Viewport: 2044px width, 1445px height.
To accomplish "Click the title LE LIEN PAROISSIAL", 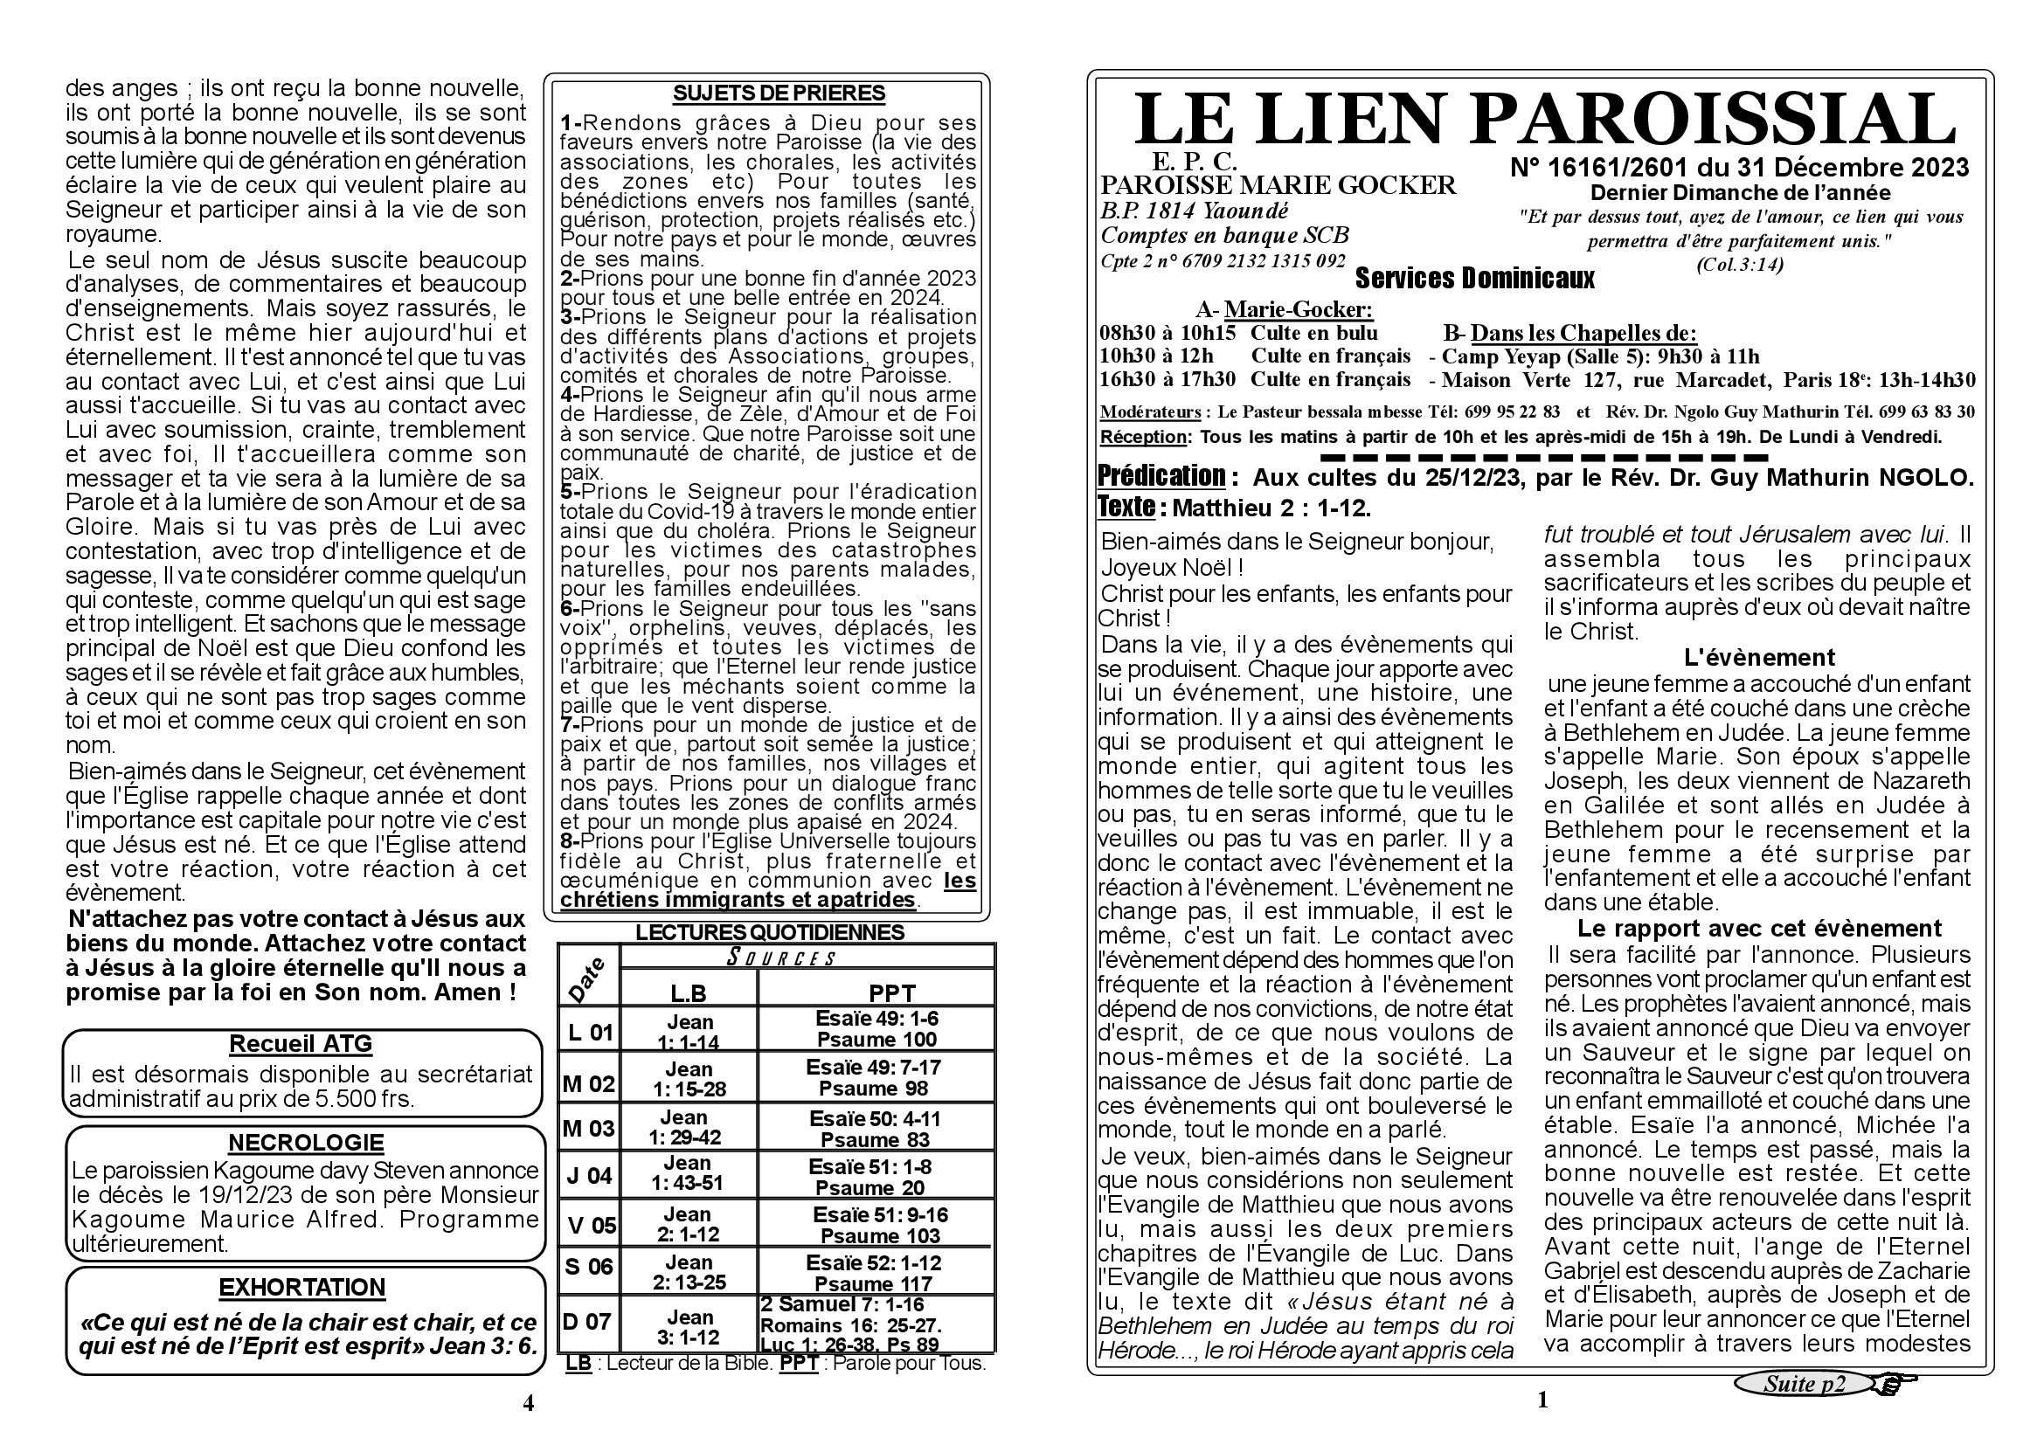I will (x=1543, y=119).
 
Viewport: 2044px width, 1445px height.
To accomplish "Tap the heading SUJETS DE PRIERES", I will (x=778, y=93).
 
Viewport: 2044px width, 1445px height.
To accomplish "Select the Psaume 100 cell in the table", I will (x=876, y=1040).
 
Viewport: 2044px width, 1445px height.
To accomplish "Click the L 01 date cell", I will (x=589, y=1032).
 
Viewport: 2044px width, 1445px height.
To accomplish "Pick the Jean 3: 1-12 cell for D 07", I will (x=687, y=1327).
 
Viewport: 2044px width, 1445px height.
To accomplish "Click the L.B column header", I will (x=687, y=993).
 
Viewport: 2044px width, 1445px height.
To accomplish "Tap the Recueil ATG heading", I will (x=300, y=1044).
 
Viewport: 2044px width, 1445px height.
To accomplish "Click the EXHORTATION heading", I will (x=301, y=1288).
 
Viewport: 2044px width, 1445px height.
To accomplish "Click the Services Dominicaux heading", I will (x=1474, y=280).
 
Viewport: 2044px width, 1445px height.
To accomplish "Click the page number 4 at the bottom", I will (x=528, y=1403).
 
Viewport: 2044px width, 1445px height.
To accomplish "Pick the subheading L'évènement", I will (x=1759, y=658).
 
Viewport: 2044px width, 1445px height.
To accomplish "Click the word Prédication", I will (x=1161, y=476).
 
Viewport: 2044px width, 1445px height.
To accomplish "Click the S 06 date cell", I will (x=589, y=1265).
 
